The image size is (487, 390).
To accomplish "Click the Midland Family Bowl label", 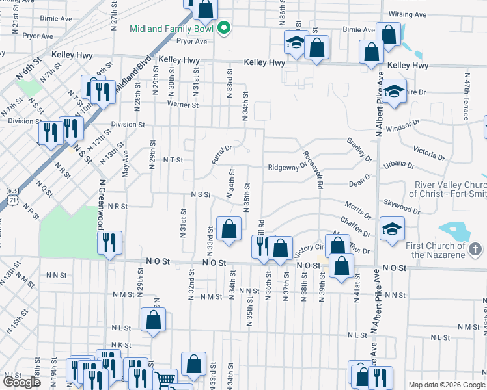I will click(173, 29).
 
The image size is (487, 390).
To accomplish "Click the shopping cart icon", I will click(165, 379).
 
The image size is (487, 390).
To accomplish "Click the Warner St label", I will click(182, 105).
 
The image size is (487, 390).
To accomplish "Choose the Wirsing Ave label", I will click(407, 14).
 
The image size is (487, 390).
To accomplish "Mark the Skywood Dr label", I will click(401, 206).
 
